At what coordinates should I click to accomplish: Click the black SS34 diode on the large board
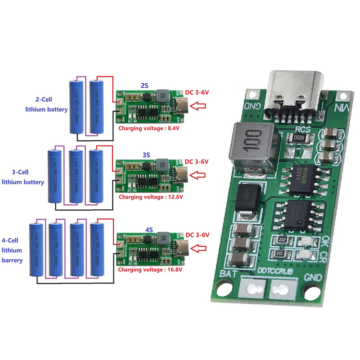pos(247,202)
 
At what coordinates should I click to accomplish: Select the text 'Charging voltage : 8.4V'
pos(148,128)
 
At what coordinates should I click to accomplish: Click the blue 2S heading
pos(145,85)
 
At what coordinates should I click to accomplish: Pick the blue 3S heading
pos(146,154)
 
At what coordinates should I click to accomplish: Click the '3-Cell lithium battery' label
pos(23,177)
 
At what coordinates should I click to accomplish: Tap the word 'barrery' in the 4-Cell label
pos(12,260)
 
